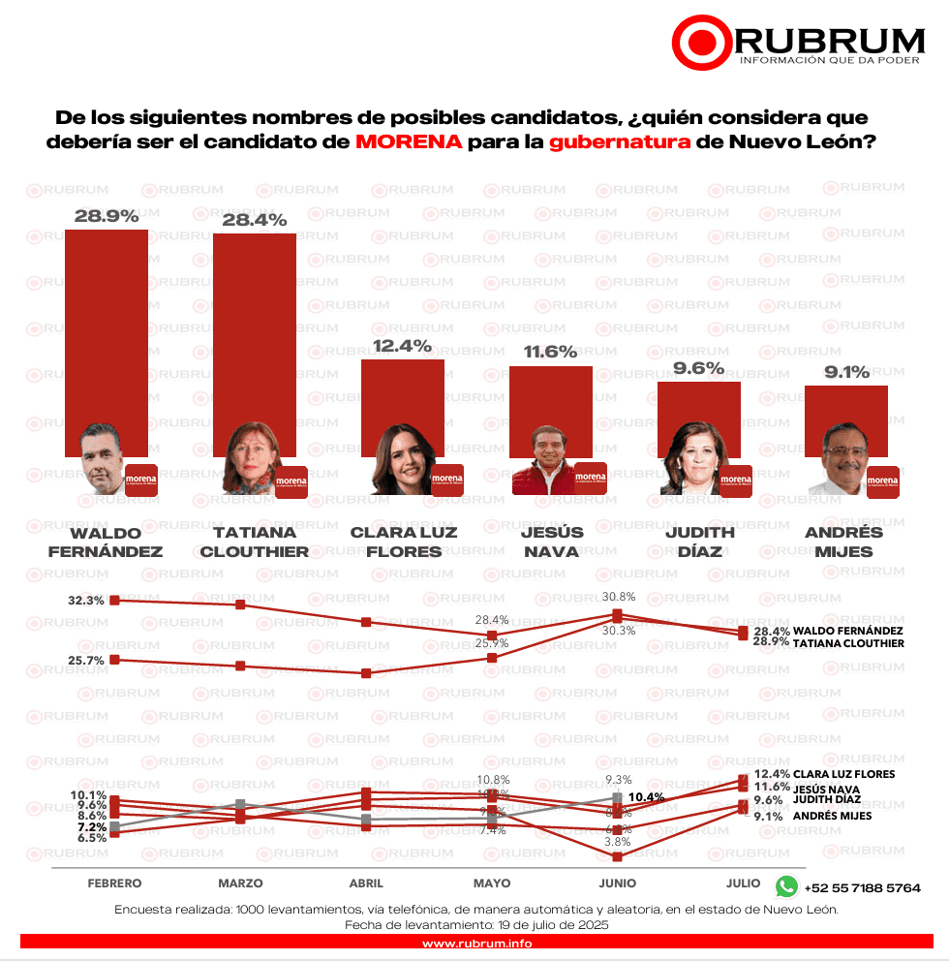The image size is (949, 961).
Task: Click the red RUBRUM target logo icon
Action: click(701, 42)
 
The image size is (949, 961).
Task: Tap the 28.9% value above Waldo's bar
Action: click(106, 216)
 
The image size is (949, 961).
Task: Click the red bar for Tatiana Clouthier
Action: click(255, 339)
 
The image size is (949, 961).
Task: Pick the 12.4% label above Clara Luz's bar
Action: click(402, 346)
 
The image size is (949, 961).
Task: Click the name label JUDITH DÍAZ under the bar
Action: click(700, 542)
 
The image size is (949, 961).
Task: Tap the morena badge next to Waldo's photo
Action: click(141, 480)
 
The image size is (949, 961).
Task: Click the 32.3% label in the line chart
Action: click(86, 601)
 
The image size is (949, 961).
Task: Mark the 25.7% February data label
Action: click(86, 660)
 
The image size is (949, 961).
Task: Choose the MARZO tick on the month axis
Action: click(240, 883)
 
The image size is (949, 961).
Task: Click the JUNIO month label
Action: click(618, 883)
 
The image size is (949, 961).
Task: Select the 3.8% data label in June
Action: click(618, 842)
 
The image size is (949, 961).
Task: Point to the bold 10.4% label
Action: click(646, 797)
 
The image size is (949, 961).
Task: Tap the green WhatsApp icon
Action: click(786, 886)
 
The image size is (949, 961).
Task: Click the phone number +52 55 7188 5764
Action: click(862, 887)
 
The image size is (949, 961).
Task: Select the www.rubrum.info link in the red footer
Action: click(474, 944)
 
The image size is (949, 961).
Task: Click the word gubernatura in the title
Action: click(621, 141)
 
